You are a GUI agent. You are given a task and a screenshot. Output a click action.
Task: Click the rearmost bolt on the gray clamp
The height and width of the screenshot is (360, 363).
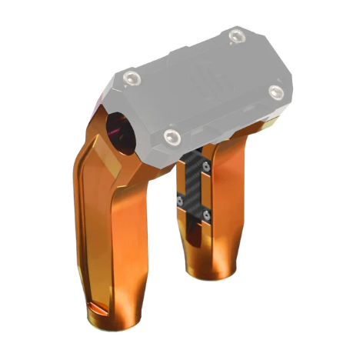(x=236, y=35)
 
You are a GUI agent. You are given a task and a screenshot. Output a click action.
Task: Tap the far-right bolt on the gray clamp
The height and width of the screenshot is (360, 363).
(x=277, y=92)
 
